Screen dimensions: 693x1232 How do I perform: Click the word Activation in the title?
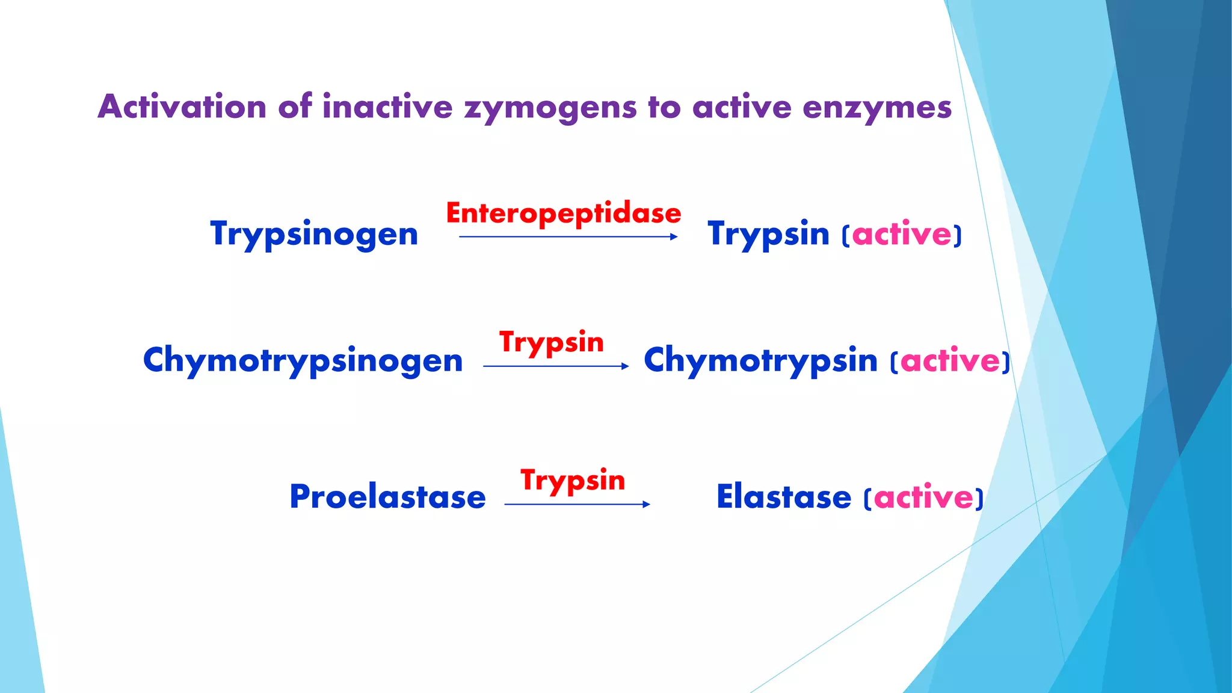click(x=182, y=107)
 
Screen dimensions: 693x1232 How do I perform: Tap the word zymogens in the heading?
click(x=550, y=108)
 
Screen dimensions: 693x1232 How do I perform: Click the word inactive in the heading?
click(x=387, y=107)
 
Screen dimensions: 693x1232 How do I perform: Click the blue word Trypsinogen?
click(x=314, y=234)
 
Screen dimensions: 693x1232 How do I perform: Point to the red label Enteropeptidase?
click(x=563, y=214)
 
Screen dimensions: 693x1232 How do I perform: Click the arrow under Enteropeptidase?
click(x=568, y=237)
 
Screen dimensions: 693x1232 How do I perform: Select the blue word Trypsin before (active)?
click(x=768, y=234)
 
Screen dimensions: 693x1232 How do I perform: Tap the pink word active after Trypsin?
click(x=902, y=234)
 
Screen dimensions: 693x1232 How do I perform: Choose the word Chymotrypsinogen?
click(x=303, y=361)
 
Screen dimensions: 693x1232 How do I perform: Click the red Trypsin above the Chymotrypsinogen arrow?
click(x=551, y=342)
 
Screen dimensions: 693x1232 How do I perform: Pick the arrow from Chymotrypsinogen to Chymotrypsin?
click(x=555, y=366)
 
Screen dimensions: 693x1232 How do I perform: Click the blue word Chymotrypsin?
click(x=760, y=361)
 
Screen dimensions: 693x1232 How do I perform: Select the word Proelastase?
click(x=387, y=497)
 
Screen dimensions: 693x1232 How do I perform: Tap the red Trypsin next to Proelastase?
click(x=573, y=481)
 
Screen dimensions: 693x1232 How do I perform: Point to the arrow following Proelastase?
click(x=577, y=504)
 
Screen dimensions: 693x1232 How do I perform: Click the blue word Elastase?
click(x=784, y=497)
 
